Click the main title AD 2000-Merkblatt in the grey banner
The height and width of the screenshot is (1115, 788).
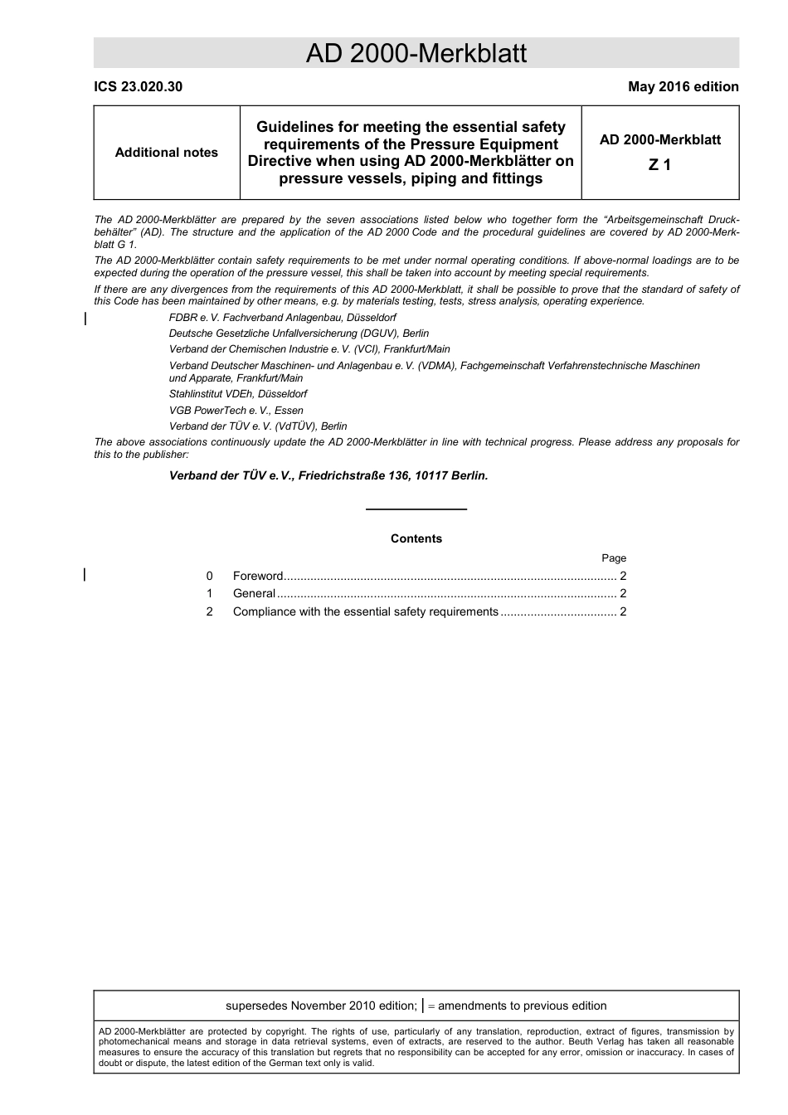click(416, 54)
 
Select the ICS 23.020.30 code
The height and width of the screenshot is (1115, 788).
click(138, 87)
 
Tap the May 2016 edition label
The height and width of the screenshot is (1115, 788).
click(683, 87)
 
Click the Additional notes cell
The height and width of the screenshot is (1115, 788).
click(166, 153)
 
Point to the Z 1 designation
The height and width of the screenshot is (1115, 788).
click(659, 165)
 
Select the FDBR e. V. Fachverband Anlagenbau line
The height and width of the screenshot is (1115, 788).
click(282, 318)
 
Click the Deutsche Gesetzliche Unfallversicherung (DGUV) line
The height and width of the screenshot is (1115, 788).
click(299, 334)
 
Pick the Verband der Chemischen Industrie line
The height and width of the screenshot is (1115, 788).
click(309, 349)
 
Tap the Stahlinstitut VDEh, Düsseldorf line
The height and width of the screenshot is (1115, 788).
click(238, 394)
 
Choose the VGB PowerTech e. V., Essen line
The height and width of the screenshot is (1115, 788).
click(236, 411)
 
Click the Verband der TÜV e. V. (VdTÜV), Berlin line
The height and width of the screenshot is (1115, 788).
click(258, 426)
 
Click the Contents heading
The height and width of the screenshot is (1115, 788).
click(416, 539)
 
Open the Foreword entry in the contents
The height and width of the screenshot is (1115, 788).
click(258, 577)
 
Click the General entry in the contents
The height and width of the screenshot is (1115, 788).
click(254, 594)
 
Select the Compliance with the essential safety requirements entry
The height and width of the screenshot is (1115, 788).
click(365, 612)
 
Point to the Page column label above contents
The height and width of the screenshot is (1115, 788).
click(614, 558)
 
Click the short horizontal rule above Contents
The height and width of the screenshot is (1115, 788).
click(416, 509)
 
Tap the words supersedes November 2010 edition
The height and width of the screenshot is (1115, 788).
click(320, 1006)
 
